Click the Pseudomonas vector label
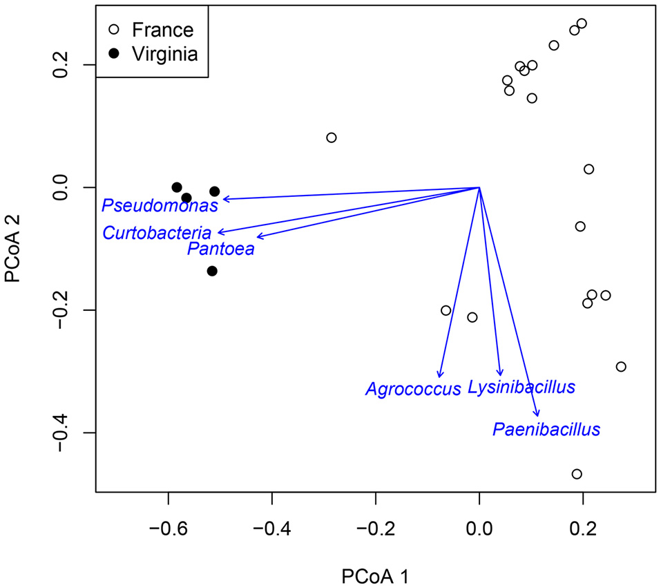tap(160, 206)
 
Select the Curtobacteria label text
tap(157, 234)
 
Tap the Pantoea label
tap(220, 249)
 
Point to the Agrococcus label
tap(412, 390)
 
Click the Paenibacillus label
tap(546, 430)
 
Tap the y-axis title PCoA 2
tap(16, 247)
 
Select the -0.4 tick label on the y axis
tap(67, 433)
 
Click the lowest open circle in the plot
tap(577, 474)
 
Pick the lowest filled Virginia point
tap(212, 271)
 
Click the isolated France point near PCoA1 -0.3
tap(332, 137)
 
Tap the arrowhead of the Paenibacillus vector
tap(538, 415)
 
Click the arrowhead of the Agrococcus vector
tap(440, 376)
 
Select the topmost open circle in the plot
tap(582, 23)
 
